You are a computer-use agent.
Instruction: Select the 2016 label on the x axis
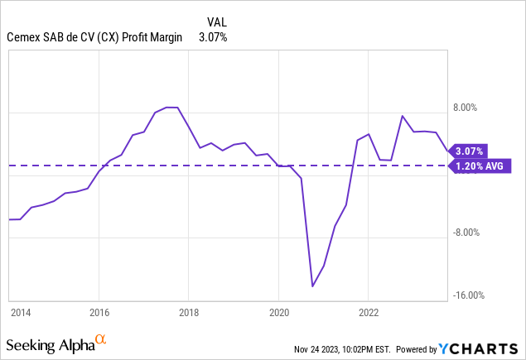99,313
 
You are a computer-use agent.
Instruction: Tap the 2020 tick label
278,313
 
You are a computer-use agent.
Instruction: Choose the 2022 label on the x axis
369,313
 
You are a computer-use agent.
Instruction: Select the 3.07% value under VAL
213,37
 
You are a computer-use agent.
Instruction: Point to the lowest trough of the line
312,286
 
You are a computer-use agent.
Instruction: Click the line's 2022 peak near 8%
402,116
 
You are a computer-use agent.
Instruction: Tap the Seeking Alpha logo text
49,343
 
